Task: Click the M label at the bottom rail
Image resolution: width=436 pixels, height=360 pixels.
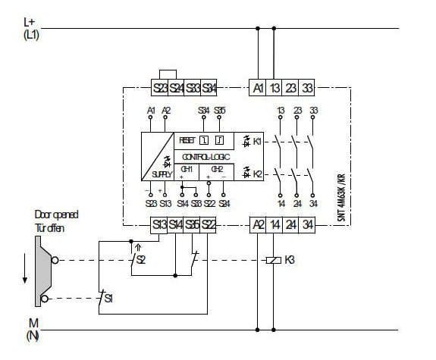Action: click(30, 324)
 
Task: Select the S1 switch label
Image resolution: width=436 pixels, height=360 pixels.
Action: click(109, 299)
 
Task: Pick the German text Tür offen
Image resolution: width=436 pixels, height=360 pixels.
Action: click(51, 227)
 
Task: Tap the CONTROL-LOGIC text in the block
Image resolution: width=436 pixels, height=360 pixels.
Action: click(203, 155)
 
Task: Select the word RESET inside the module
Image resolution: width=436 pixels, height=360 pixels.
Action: click(187, 140)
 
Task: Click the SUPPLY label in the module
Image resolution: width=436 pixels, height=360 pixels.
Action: click(163, 174)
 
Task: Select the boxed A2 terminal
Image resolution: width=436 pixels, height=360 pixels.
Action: click(258, 224)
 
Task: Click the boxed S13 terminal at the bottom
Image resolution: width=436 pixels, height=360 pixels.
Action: click(159, 224)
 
